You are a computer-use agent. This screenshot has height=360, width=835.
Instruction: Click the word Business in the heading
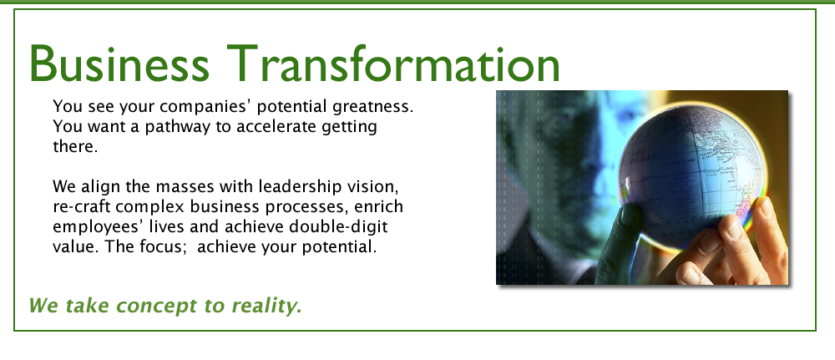[x=119, y=63]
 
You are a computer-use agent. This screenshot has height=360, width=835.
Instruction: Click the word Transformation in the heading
[x=393, y=63]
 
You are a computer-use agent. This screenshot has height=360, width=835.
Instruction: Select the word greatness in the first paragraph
[x=372, y=108]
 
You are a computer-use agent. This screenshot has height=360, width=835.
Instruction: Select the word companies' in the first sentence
[x=205, y=108]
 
